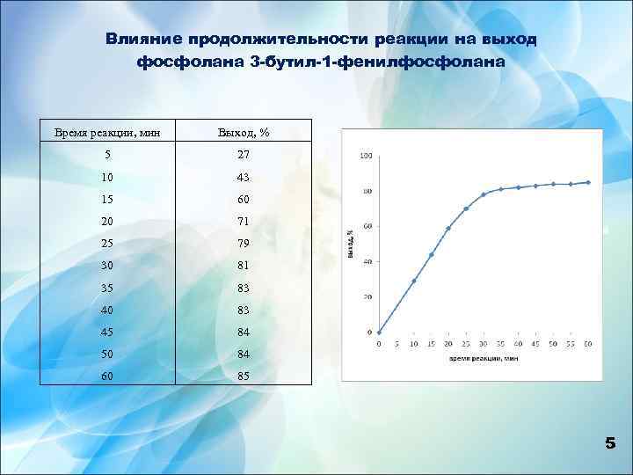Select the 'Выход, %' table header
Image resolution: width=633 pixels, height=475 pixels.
click(243, 133)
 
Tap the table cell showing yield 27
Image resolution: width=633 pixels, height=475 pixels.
click(243, 154)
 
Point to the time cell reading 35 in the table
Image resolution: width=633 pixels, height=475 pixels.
click(107, 286)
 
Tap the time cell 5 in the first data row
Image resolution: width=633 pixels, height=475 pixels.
click(107, 154)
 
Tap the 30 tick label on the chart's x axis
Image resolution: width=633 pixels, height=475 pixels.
click(484, 344)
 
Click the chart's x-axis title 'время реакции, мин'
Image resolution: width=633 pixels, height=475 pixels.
click(484, 359)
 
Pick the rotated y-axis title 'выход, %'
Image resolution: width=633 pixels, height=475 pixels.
click(351, 244)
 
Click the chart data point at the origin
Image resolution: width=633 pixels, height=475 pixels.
click(379, 332)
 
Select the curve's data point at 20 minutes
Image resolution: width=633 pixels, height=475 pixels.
click(448, 228)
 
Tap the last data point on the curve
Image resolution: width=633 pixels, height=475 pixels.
click(588, 182)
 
